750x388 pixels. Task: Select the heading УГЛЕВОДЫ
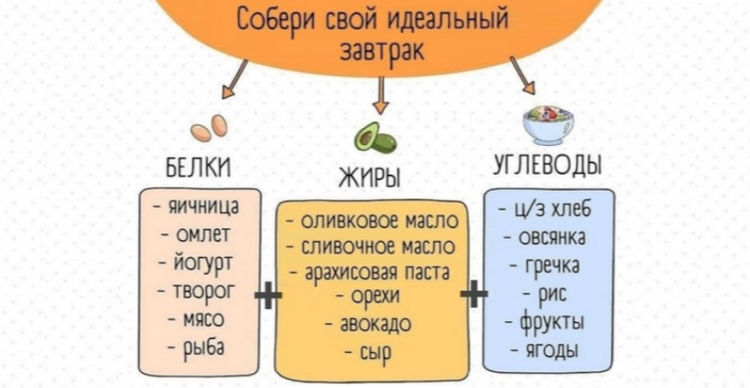(548, 165)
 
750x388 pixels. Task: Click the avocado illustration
(375, 138)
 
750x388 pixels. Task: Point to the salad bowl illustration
(548, 124)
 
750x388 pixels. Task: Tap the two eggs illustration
(209, 128)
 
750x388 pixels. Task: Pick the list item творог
(201, 292)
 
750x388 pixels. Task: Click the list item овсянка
(548, 237)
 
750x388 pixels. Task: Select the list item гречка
(548, 266)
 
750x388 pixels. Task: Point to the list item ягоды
(548, 350)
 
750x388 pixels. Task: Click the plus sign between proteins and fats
(267, 295)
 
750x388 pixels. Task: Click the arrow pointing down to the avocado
(380, 96)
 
